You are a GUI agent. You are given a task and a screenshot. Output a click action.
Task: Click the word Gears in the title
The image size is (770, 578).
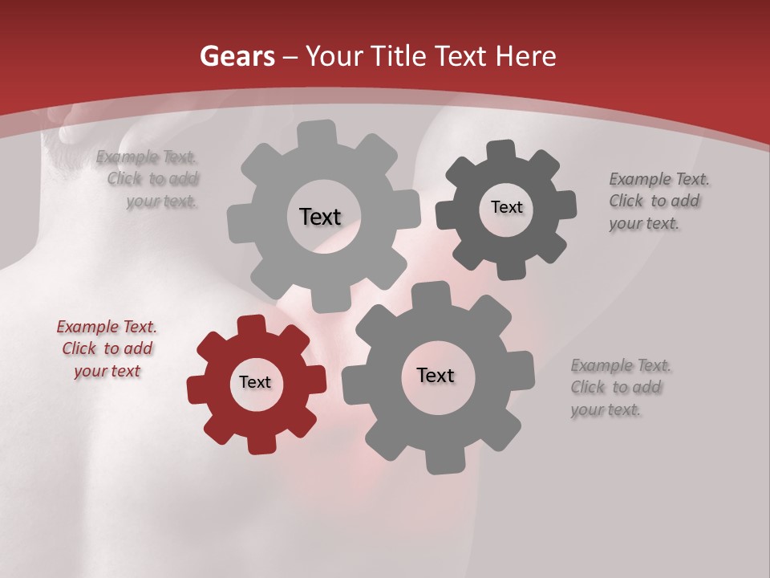(x=237, y=56)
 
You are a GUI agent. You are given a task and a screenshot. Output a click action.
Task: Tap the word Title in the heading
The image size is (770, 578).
(x=399, y=56)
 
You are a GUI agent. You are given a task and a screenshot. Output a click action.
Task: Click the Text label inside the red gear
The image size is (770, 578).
(x=255, y=382)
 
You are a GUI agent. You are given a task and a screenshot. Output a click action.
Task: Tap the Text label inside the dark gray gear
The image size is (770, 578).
(x=506, y=207)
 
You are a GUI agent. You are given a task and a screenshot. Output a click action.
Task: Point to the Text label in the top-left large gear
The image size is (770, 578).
(x=320, y=217)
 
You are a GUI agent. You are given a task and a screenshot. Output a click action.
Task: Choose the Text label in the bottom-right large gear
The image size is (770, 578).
(x=436, y=375)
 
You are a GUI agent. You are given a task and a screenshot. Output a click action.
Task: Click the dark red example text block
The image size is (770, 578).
(x=107, y=348)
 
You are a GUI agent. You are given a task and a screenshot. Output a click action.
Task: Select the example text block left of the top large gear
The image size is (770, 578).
(x=149, y=179)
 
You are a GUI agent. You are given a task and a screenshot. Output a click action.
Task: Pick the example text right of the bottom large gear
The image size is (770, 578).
(x=619, y=387)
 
